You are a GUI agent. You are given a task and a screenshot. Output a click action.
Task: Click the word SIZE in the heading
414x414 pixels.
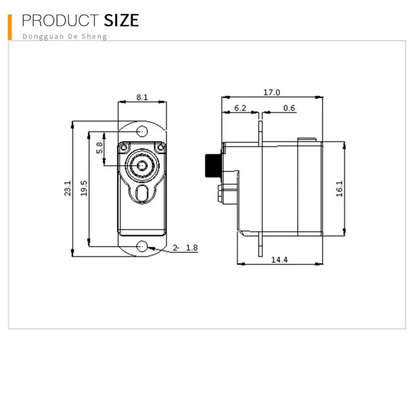point(121,20)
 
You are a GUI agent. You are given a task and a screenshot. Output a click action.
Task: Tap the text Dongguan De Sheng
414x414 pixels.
point(64,36)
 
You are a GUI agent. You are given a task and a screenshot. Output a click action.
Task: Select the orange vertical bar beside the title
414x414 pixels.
point(10,27)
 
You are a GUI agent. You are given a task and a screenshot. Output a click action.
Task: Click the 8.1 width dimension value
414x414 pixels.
point(142,97)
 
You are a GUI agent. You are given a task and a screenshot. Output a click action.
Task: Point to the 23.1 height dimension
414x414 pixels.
point(67,188)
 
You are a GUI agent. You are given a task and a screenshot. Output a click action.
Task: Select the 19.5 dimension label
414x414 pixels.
point(84,188)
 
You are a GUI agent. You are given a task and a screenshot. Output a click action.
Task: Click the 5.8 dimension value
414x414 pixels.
point(99,148)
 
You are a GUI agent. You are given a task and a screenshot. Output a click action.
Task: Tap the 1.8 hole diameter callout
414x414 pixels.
point(192,248)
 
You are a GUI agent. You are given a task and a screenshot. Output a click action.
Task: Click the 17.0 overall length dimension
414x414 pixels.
point(272,92)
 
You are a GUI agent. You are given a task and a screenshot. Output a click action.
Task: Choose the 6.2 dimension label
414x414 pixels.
point(240,108)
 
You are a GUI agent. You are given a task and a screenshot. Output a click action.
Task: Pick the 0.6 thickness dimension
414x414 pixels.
point(289,108)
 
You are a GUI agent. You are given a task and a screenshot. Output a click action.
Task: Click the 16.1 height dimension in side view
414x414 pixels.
point(339,188)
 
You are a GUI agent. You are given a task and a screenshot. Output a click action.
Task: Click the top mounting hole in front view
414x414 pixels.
point(142,131)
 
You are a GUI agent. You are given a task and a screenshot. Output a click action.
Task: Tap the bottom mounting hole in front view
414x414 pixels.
point(142,247)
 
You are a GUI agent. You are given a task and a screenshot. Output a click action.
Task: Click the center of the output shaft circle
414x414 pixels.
point(142,165)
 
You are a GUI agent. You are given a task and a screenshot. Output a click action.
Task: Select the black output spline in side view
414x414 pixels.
point(213,165)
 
